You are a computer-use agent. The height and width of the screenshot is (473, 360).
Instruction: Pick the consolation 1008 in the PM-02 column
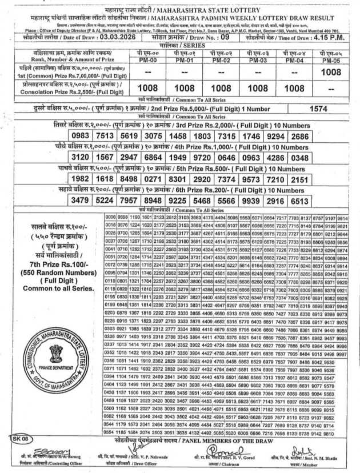[221, 89]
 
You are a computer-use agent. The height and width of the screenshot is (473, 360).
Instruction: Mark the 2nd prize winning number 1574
[318, 108]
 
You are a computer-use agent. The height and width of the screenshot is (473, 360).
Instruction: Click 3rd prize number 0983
[81, 136]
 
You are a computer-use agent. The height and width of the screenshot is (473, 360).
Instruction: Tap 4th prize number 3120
[81, 157]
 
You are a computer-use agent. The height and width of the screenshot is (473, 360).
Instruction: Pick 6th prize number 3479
[81, 201]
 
